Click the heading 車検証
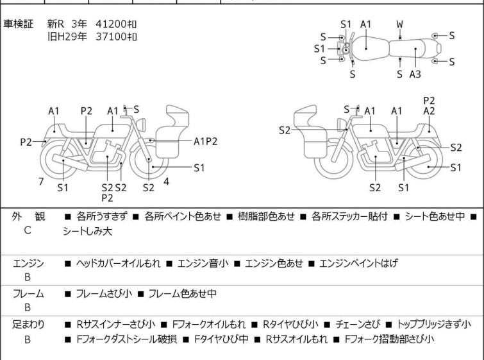point(24,24)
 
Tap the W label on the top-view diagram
point(399,24)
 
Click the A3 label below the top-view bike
point(415,74)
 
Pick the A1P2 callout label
point(205,140)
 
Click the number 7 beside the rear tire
point(41,182)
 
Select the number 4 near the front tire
point(166,181)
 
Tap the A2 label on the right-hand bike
point(430,111)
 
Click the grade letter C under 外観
point(28,229)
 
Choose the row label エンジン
point(29,263)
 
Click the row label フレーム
point(29,294)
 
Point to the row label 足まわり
point(29,324)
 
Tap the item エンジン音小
point(201,263)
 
